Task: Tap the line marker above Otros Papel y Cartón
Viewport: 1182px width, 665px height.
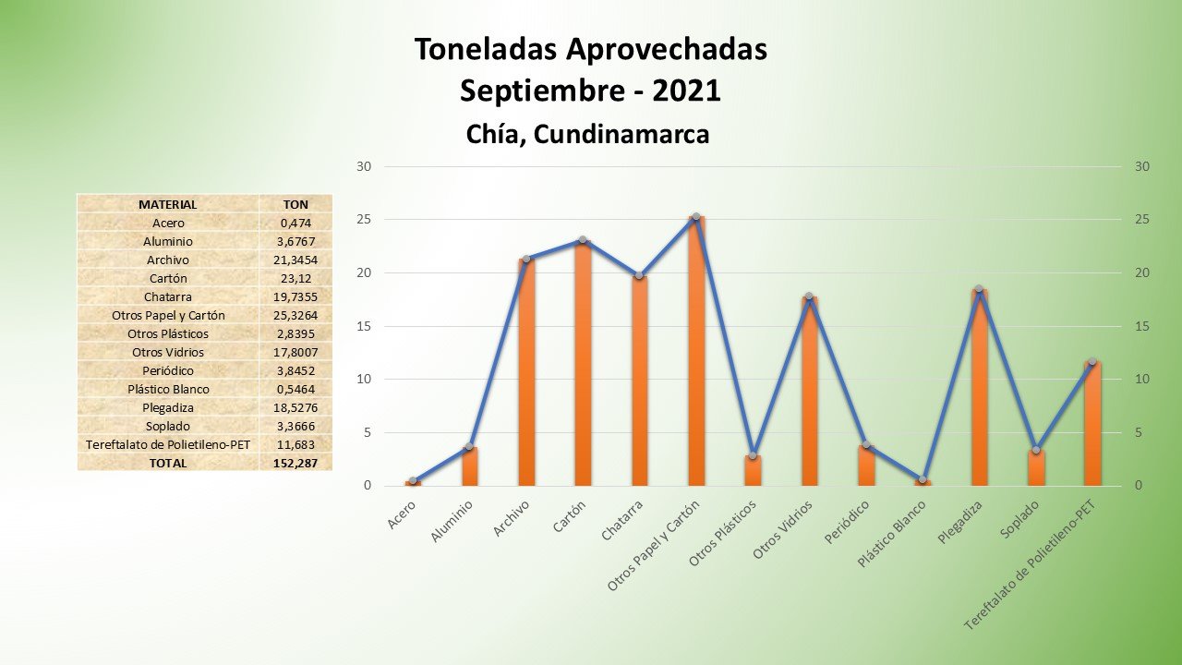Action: coord(696,216)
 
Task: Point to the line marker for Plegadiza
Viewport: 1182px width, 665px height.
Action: coord(979,289)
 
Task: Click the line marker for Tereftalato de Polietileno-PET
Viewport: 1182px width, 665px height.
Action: coord(1092,361)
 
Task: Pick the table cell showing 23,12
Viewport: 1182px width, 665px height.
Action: coord(295,278)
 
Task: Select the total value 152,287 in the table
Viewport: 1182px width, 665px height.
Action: coord(295,463)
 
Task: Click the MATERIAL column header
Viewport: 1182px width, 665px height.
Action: coord(167,204)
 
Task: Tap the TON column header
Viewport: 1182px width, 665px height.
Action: coord(295,204)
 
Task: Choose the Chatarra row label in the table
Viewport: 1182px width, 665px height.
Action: coord(167,296)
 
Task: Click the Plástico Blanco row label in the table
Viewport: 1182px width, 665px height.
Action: coord(167,389)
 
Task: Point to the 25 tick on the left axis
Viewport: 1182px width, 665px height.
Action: coord(364,220)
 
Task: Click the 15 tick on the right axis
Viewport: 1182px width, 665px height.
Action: coord(1142,326)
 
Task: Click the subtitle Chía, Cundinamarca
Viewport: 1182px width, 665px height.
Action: coord(588,135)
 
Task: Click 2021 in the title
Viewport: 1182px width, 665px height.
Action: coord(686,91)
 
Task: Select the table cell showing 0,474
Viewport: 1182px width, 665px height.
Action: coord(295,223)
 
